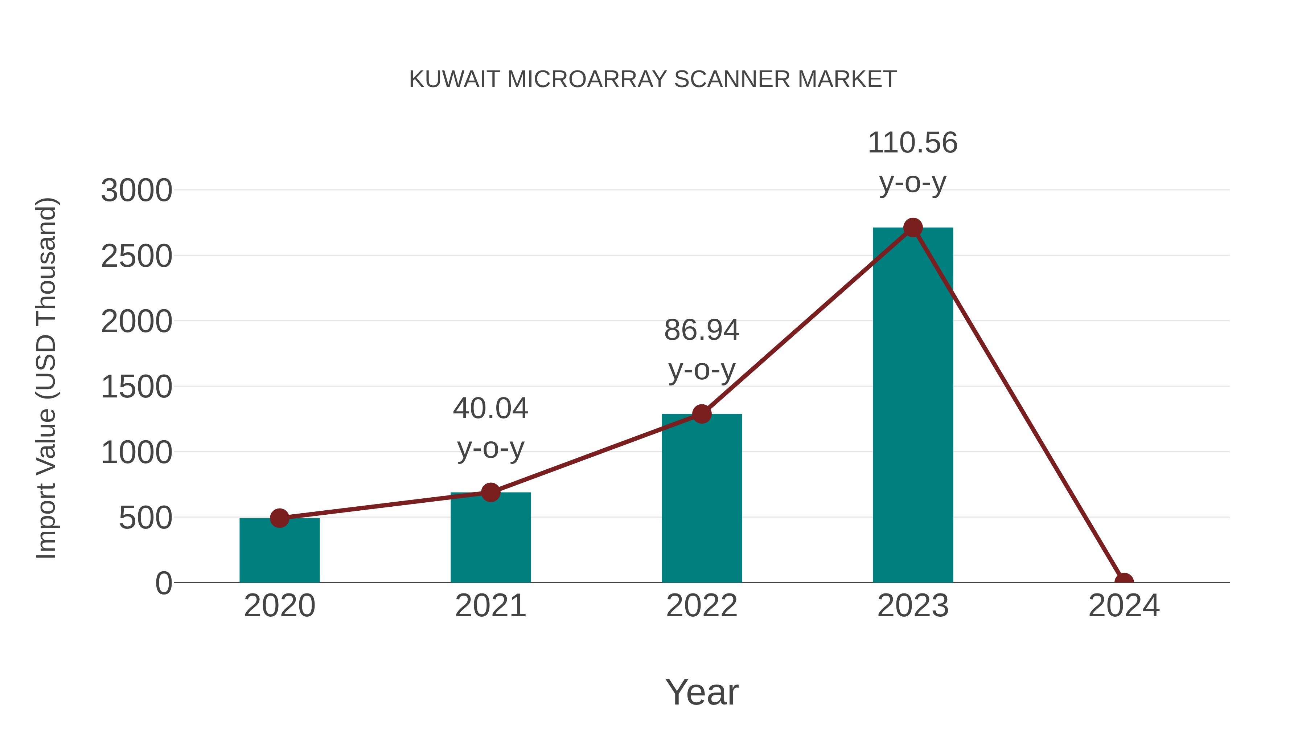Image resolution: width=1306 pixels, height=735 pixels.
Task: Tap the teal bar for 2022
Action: tap(702, 500)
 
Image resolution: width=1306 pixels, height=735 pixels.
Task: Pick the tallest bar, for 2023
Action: tap(913, 406)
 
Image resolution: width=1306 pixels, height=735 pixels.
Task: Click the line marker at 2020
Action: tap(279, 518)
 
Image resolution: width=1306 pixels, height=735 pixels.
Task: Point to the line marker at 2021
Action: tap(490, 492)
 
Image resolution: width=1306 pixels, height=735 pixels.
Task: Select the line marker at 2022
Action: tap(702, 414)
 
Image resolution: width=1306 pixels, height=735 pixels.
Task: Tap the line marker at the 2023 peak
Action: tap(913, 228)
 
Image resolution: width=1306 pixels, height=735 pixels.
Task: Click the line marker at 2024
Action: tap(1124, 581)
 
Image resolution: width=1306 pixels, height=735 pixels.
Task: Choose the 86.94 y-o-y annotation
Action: tap(702, 350)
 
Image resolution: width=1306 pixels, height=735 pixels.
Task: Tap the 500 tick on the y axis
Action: tap(145, 518)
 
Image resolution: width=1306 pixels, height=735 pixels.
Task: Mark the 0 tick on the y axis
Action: tap(164, 583)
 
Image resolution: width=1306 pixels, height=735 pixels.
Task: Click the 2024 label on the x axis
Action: tap(1124, 606)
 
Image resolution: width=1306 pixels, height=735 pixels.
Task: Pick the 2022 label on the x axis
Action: tap(702, 606)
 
